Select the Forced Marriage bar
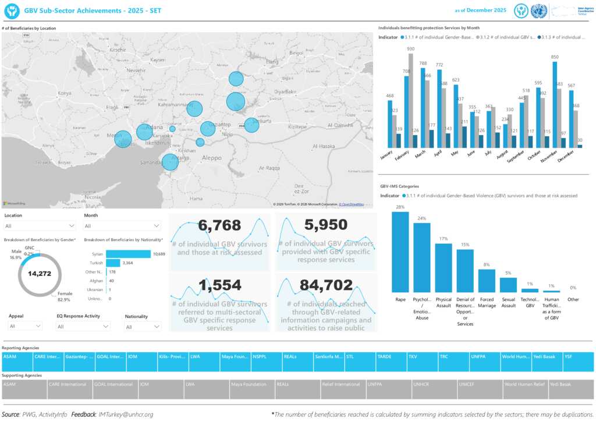tap(487, 281)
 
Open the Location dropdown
tap(41, 226)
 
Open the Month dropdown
tap(122, 226)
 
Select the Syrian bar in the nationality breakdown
tap(128, 254)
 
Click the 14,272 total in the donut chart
tap(40, 273)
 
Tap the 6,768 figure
tap(219, 225)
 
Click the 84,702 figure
tap(326, 285)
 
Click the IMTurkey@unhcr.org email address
tap(126, 415)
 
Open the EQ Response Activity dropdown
tap(83, 327)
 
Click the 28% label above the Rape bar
tap(400, 207)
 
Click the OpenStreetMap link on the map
tap(352, 204)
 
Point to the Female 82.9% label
tap(64, 297)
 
